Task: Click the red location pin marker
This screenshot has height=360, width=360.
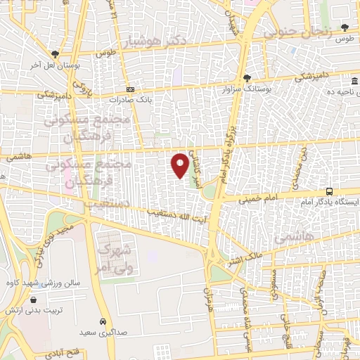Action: (x=180, y=165)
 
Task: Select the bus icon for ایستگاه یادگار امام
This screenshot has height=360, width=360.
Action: (x=330, y=191)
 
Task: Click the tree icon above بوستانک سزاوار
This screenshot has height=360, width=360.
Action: (x=247, y=78)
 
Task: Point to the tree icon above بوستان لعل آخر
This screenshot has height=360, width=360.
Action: (x=55, y=53)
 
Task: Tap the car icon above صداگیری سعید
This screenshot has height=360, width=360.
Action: (x=103, y=320)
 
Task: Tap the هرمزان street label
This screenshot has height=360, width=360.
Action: (x=209, y=299)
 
